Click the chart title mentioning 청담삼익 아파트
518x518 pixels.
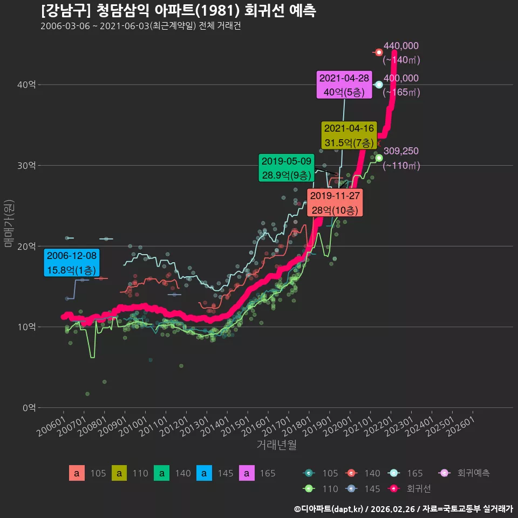tap(179, 11)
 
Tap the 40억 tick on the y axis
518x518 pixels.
tap(26, 85)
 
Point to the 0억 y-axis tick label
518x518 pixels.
tap(29, 408)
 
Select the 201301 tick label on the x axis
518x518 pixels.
tap(194, 426)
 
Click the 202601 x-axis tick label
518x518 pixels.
tap(460, 426)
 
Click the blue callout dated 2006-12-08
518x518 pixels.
tap(72, 263)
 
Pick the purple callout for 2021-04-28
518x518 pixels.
tap(344, 85)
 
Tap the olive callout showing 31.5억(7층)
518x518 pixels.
tap(349, 135)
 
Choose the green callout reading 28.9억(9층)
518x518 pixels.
tap(287, 168)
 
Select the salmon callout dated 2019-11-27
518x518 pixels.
tap(335, 202)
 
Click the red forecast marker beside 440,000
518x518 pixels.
tap(379, 52)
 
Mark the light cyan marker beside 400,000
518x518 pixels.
tap(379, 85)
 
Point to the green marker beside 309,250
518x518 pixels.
tap(379, 158)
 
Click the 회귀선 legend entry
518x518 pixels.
tap(409, 489)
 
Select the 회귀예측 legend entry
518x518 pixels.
tap(464, 473)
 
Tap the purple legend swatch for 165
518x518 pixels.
tap(247, 473)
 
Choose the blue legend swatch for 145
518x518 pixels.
tap(204, 473)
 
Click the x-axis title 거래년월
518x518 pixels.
tap(276, 445)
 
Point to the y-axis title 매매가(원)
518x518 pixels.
tap(9, 223)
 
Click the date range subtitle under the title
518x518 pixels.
tap(141, 26)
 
